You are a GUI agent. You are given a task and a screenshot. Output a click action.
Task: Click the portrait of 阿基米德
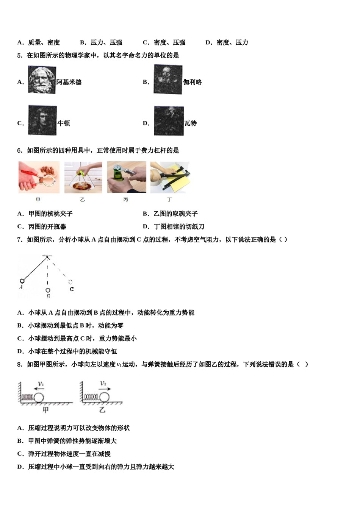[x=42, y=80]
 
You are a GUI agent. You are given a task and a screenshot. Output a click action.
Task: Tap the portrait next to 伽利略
[x=168, y=80]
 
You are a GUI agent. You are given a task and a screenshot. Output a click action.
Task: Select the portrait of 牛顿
[x=42, y=120]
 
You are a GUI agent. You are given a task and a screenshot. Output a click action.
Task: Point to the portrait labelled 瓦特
[x=169, y=121]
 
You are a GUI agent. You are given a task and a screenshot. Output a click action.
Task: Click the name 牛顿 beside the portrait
[x=64, y=123]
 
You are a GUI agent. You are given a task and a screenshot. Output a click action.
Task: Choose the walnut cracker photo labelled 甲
[x=39, y=177]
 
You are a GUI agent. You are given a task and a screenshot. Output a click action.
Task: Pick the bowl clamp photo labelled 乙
[x=83, y=177]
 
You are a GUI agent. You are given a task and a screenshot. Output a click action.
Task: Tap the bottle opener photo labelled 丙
[x=127, y=177]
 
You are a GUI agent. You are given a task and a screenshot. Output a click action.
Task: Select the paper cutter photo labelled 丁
[x=170, y=177]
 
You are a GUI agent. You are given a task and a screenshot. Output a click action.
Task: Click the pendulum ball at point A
[x=22, y=281]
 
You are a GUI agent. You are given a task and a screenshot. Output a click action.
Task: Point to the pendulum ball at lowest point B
[x=48, y=290]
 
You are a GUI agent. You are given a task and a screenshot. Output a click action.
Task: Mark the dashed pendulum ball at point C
[x=70, y=282]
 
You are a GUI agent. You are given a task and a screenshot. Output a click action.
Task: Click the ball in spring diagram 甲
[x=39, y=398]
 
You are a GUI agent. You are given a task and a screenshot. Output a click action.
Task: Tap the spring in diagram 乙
[x=91, y=397]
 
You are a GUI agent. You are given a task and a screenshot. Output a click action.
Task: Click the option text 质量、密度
[x=44, y=42]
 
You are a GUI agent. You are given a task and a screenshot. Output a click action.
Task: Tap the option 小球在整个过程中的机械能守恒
[x=72, y=351]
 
